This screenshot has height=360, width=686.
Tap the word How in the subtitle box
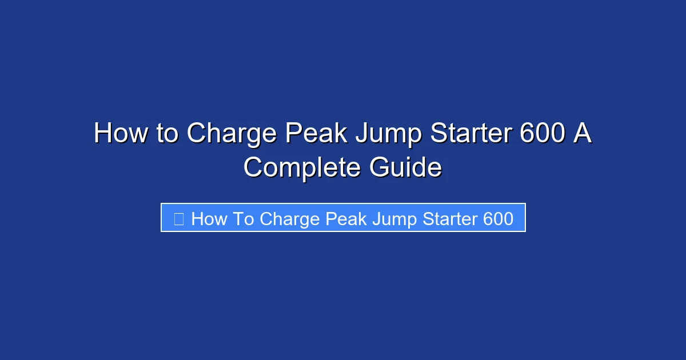pos(209,219)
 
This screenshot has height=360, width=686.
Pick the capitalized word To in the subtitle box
pos(243,219)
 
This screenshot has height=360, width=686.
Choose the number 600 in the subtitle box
pos(498,219)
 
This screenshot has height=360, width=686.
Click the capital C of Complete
pos(255,168)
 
